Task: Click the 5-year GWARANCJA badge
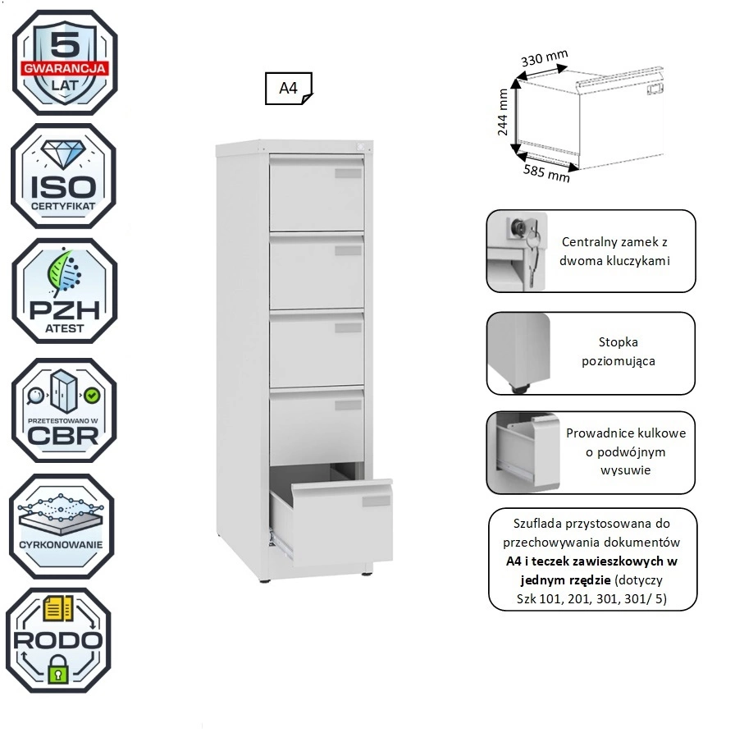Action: coord(64,62)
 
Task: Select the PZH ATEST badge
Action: coord(64,291)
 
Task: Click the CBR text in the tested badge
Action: coord(64,433)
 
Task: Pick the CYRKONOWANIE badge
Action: coord(61,526)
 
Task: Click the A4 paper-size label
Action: coord(288,89)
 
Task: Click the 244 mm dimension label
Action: coord(504,112)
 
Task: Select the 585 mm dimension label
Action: coord(546,171)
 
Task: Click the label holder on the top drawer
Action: coord(348,172)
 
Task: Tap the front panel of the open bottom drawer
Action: coord(341,523)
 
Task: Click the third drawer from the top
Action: coord(317,349)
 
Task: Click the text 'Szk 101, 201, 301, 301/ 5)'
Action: coord(591,598)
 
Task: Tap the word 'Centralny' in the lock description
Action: coord(590,242)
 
